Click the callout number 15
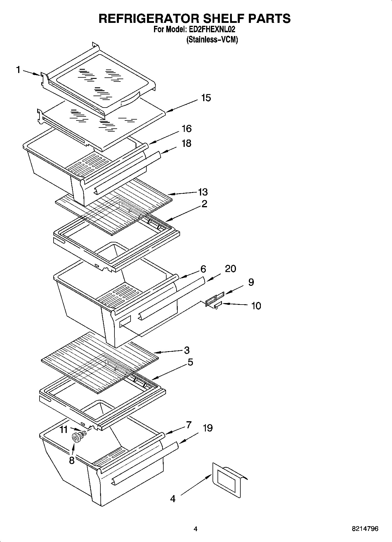tap(206, 98)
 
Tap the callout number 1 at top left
tap(18, 70)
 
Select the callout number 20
tap(230, 269)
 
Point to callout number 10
tap(256, 306)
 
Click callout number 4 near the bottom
tap(173, 499)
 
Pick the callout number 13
tap(203, 192)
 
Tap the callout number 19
tap(208, 428)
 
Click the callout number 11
tap(64, 430)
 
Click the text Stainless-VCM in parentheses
tap(212, 40)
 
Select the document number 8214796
tap(365, 529)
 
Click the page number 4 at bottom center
tap(196, 529)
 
